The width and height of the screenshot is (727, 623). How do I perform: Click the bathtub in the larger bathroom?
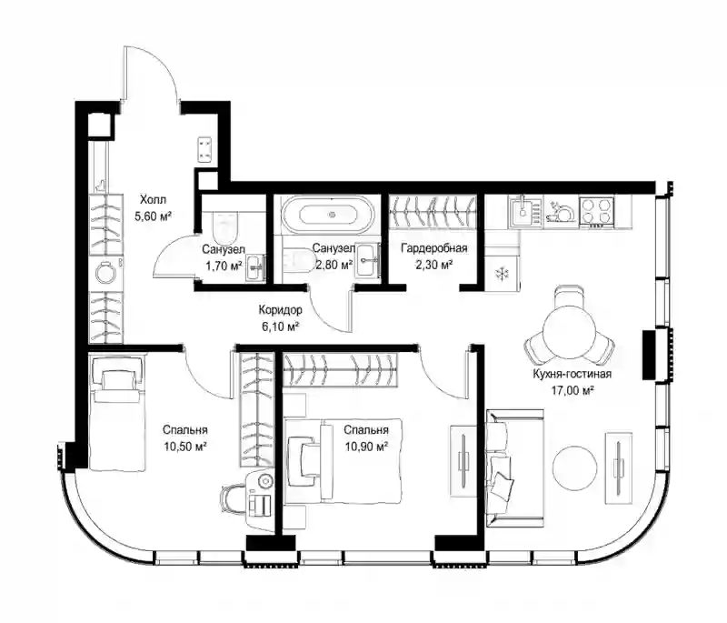329,215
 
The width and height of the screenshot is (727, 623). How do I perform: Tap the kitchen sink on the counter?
525,212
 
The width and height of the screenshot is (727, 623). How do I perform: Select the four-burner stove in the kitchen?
597,211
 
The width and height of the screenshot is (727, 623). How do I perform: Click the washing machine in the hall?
105,273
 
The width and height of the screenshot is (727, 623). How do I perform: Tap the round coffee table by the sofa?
575,467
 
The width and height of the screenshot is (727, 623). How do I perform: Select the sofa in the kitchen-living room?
514,468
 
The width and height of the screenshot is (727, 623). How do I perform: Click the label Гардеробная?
434,247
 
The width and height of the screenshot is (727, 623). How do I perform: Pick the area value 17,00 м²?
573,390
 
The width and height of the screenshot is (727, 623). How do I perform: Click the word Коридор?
280,309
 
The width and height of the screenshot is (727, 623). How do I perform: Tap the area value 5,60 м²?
154,216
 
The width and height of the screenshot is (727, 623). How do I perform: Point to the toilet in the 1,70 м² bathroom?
225,224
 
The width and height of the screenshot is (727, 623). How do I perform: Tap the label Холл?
153,200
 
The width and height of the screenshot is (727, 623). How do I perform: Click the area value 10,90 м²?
366,447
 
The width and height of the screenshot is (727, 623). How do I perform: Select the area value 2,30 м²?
433,265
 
